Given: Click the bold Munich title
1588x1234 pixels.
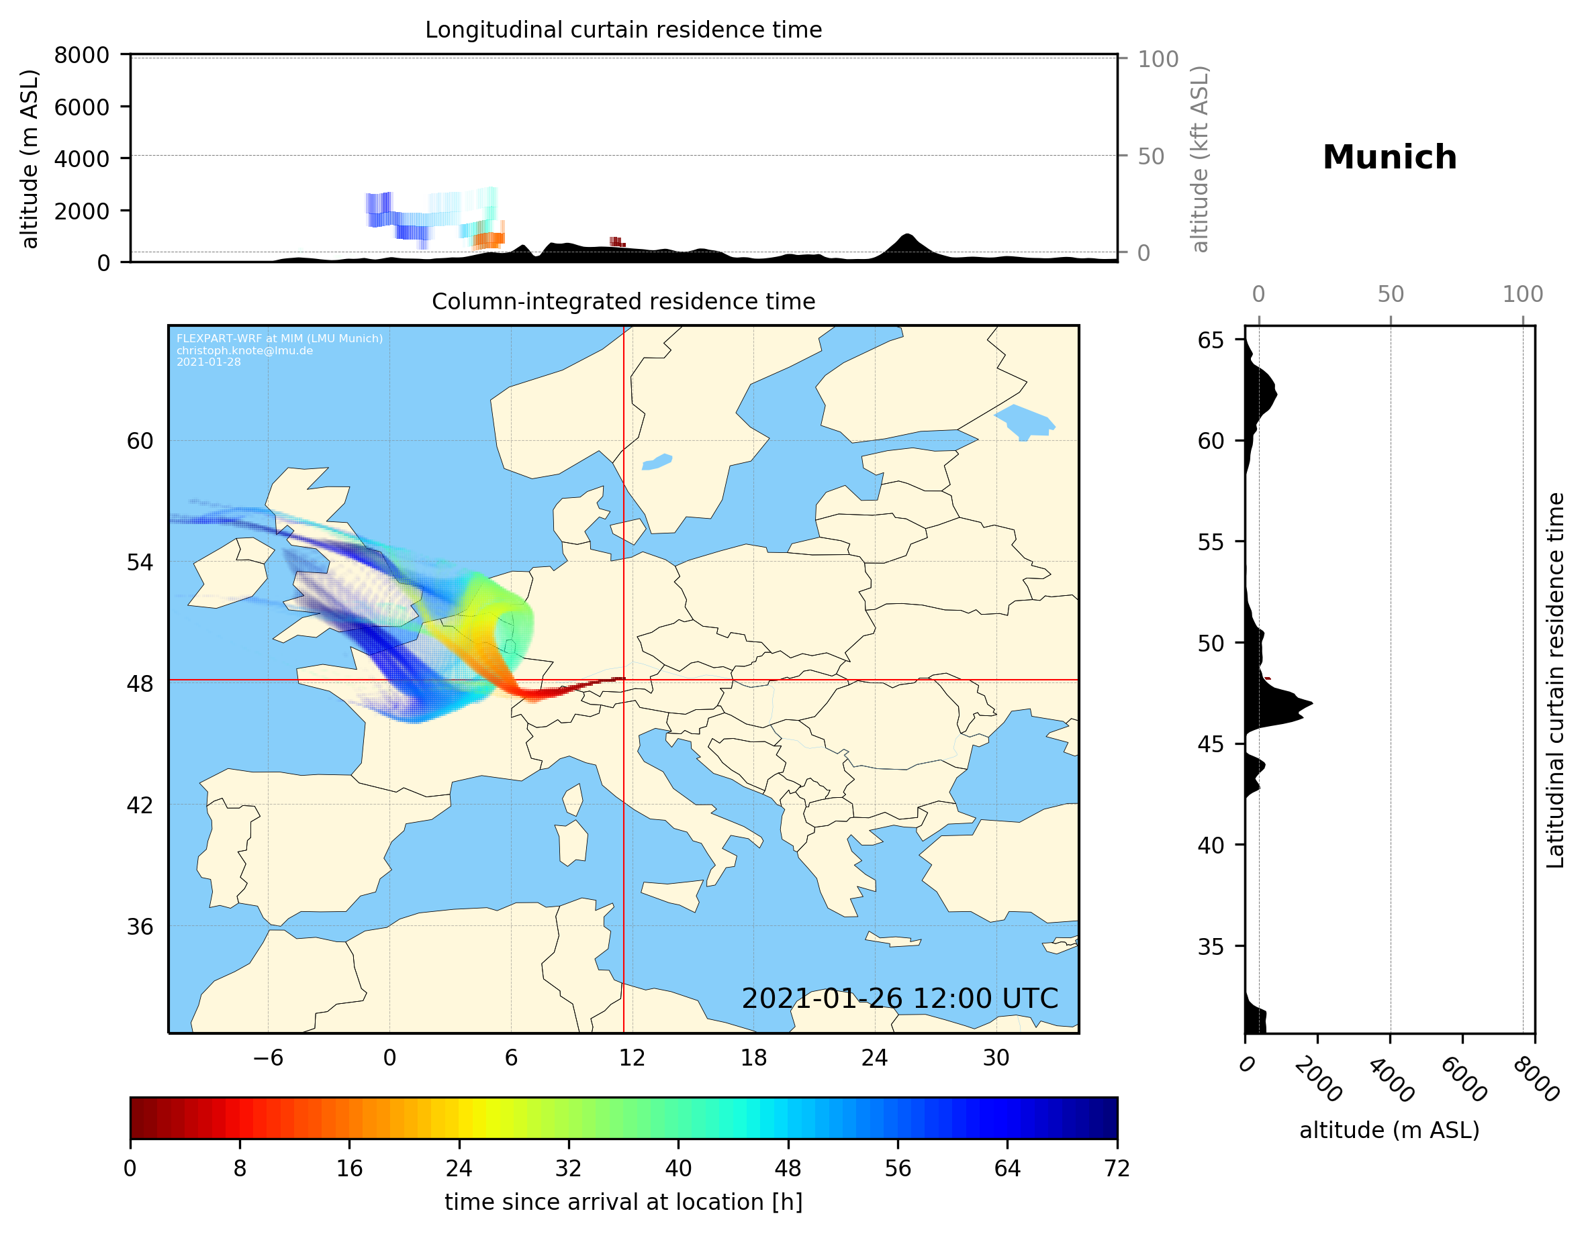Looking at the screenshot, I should click(x=1389, y=158).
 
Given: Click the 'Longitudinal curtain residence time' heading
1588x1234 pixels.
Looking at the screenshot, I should click(x=623, y=30).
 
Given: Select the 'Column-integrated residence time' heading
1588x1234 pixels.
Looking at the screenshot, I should click(x=623, y=301).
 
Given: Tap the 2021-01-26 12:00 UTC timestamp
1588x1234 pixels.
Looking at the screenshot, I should click(x=900, y=998).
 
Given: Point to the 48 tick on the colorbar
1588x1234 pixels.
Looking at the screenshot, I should click(x=788, y=1169).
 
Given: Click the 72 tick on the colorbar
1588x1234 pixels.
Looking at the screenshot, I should click(x=1117, y=1169).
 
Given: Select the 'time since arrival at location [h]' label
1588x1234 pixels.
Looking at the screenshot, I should click(x=623, y=1202).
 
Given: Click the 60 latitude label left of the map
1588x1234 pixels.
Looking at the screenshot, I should click(x=140, y=441).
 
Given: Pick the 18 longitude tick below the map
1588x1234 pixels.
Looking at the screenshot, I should click(x=753, y=1058).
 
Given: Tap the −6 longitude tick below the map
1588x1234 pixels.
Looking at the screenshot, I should click(x=267, y=1058).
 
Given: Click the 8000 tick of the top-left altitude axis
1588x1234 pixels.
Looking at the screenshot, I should click(x=81, y=55).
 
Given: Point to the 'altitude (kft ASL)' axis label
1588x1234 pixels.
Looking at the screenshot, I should click(x=1200, y=159).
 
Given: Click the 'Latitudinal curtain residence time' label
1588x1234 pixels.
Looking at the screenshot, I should click(x=1554, y=680).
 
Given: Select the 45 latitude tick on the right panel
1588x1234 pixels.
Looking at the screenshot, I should click(x=1211, y=744).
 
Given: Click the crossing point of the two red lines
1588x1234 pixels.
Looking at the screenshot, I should click(x=624, y=680).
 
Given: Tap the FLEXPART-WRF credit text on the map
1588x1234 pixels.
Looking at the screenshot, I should click(x=279, y=350).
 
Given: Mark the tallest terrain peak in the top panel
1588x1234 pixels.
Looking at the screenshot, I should click(x=906, y=236).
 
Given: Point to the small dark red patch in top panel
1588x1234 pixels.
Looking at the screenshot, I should click(x=616, y=242).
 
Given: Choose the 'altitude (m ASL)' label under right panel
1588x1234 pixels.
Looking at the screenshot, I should click(x=1389, y=1130).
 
